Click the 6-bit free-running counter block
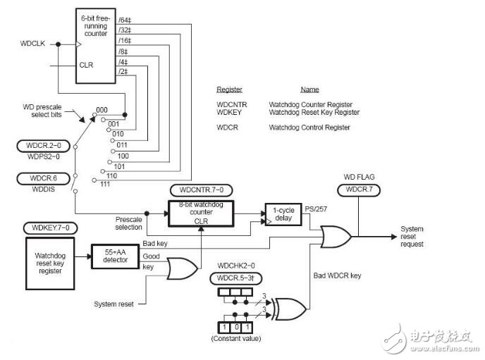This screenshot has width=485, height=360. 94,46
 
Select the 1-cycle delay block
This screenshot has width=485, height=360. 281,213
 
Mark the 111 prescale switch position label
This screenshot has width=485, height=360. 105,185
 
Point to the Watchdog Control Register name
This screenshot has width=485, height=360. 309,128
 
